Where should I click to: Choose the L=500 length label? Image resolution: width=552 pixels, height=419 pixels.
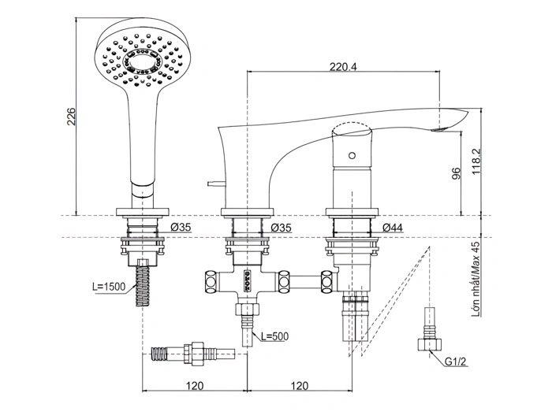pos(272,336)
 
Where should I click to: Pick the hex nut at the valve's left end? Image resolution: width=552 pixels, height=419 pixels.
pos(211,280)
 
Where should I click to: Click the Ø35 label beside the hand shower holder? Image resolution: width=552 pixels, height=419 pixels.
pos(181,228)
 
